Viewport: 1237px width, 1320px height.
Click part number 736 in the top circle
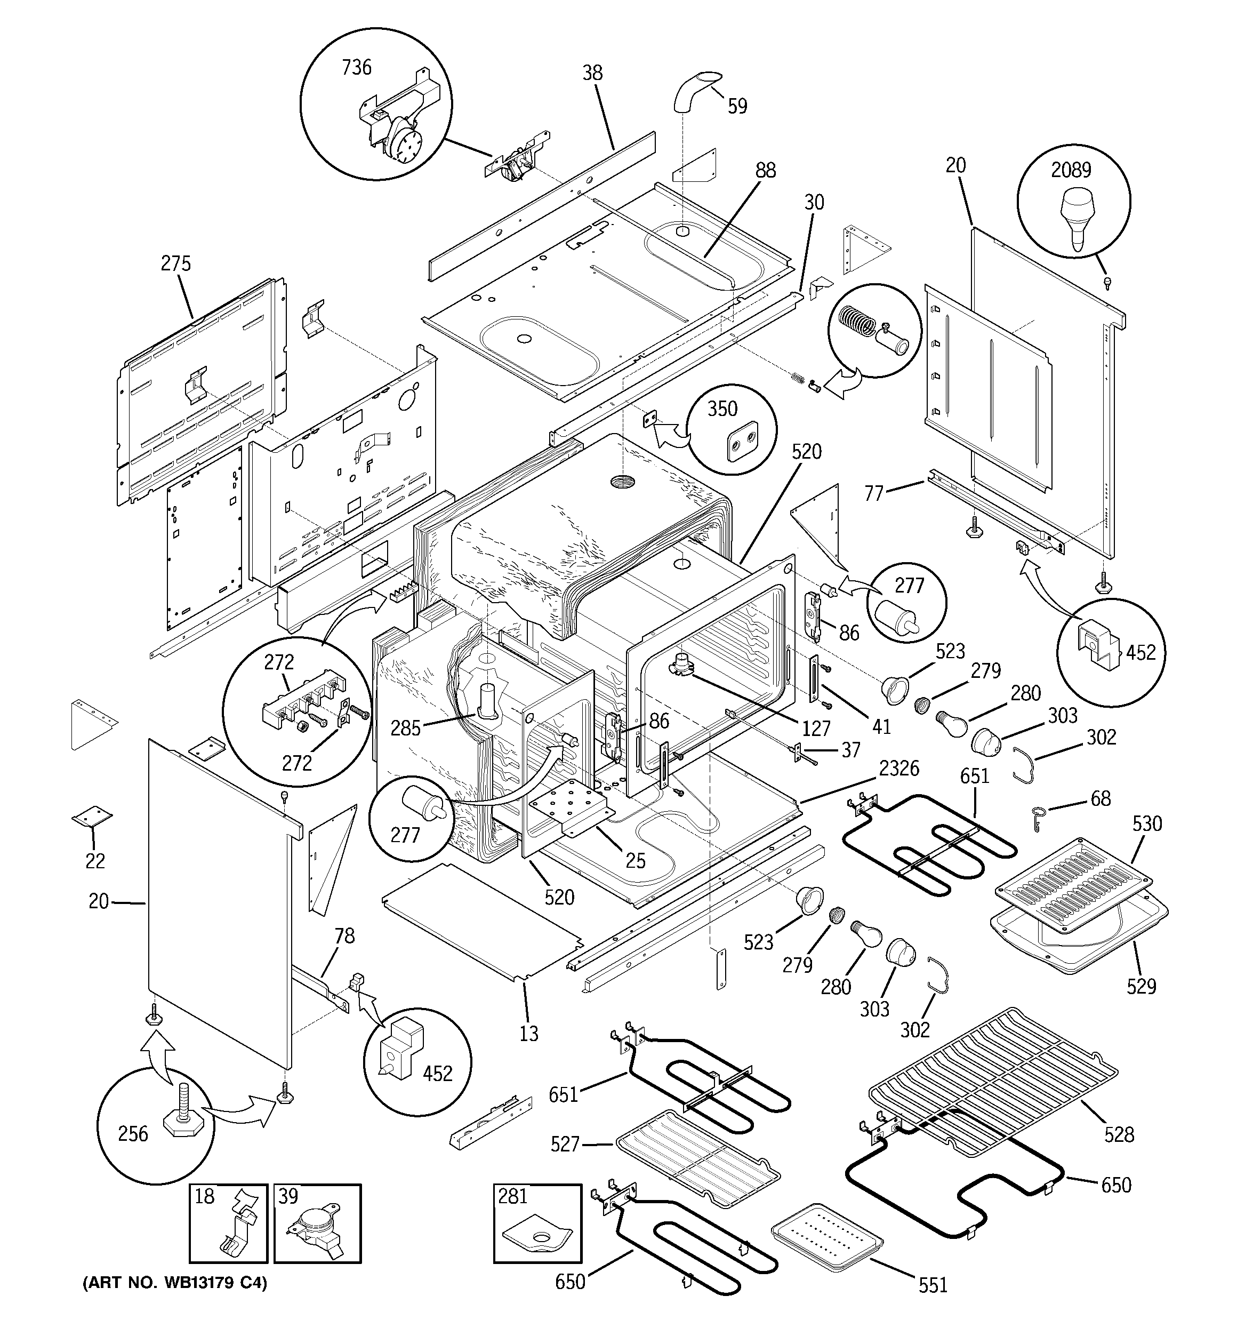coord(357,68)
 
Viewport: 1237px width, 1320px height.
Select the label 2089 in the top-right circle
coord(1070,171)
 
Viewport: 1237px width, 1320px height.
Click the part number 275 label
coord(175,263)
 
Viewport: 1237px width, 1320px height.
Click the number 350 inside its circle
coord(722,409)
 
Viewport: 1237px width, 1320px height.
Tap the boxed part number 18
coord(205,1196)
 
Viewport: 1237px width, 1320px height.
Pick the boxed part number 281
coord(512,1196)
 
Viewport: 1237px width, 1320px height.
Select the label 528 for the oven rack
coord(1119,1135)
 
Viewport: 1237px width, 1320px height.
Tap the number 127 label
coord(815,729)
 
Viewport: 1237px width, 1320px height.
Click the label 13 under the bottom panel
coord(528,1033)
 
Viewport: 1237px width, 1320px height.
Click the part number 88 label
coord(765,171)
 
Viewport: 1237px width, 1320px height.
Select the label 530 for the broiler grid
coord(1147,823)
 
